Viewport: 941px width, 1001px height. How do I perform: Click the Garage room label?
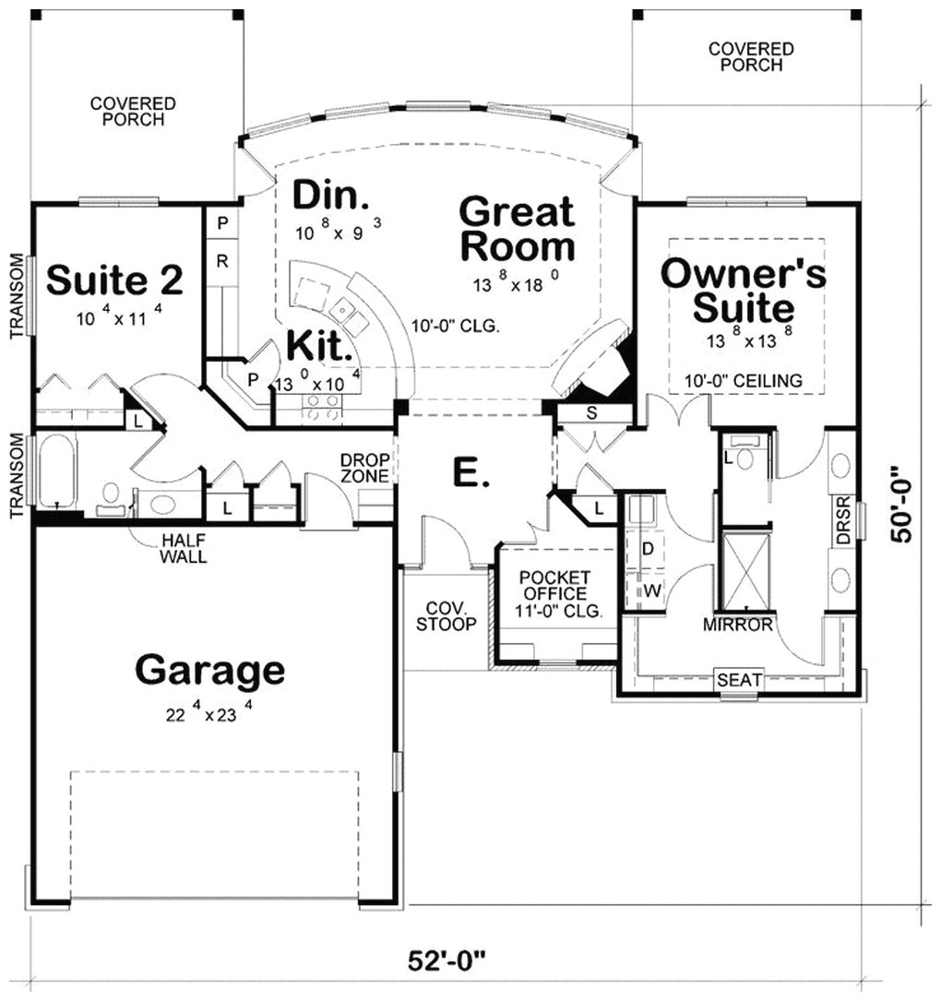(x=209, y=671)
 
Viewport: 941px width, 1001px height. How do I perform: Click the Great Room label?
(x=517, y=229)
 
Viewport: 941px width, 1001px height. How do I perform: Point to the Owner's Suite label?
(x=744, y=290)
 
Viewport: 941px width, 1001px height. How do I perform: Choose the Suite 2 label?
(x=115, y=280)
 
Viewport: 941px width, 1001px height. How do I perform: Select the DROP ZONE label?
(x=365, y=468)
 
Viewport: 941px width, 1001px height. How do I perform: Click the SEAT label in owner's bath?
(x=740, y=680)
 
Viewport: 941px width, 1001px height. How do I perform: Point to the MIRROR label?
(x=737, y=625)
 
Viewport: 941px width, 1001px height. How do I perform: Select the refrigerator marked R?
(x=222, y=261)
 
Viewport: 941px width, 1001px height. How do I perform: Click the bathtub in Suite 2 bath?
(x=57, y=471)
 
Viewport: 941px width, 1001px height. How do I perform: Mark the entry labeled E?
(x=467, y=472)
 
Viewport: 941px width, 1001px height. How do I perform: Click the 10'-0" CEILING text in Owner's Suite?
(x=743, y=380)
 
